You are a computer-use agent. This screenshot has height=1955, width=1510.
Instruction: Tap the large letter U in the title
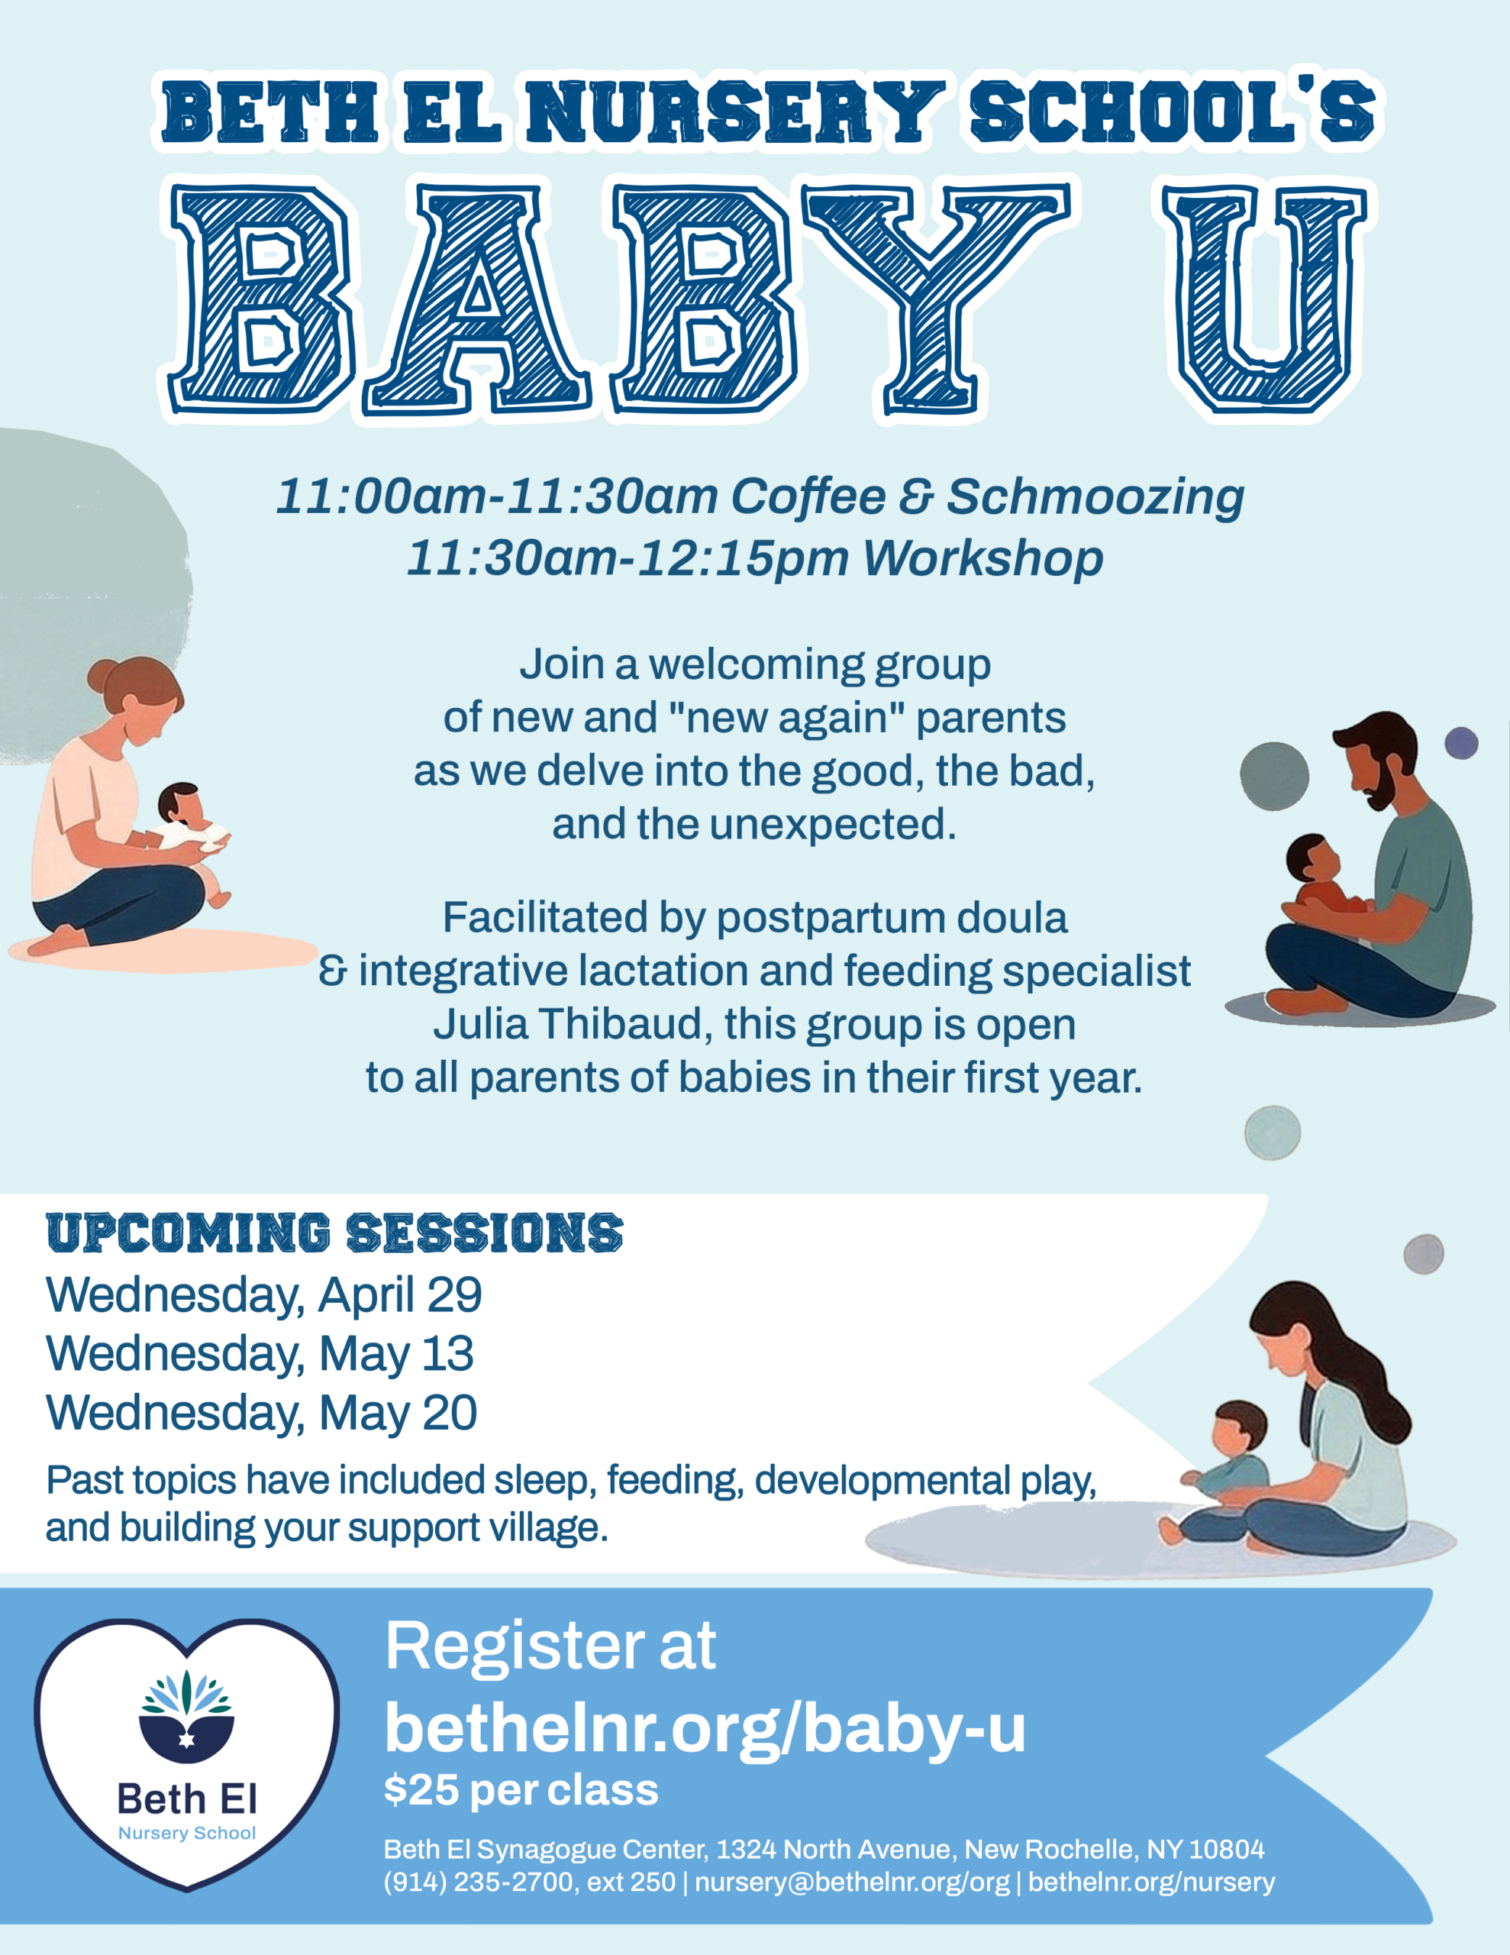tap(1264, 300)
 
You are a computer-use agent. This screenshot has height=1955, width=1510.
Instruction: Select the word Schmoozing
tap(1095, 497)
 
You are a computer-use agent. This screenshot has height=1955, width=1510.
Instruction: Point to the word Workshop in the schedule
tap(982, 558)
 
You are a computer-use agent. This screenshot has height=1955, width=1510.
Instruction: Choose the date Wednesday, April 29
tap(264, 1295)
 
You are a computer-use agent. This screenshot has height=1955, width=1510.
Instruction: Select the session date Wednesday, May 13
tap(260, 1354)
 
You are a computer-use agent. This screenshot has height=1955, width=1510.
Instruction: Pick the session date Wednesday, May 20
tap(261, 1414)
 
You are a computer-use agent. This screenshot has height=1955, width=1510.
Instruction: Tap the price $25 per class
tap(521, 1790)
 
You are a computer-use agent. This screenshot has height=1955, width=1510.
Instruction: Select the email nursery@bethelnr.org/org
tap(852, 1882)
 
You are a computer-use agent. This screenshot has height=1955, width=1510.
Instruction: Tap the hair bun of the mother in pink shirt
tap(102, 673)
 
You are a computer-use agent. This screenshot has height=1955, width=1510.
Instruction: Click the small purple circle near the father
tap(1462, 743)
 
